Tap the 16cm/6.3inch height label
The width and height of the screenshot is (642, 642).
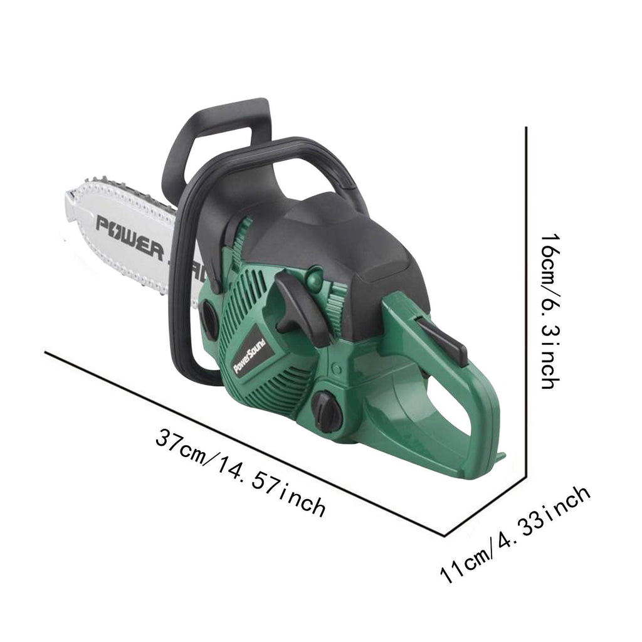coord(549,311)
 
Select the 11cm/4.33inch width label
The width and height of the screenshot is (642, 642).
coord(515,534)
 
